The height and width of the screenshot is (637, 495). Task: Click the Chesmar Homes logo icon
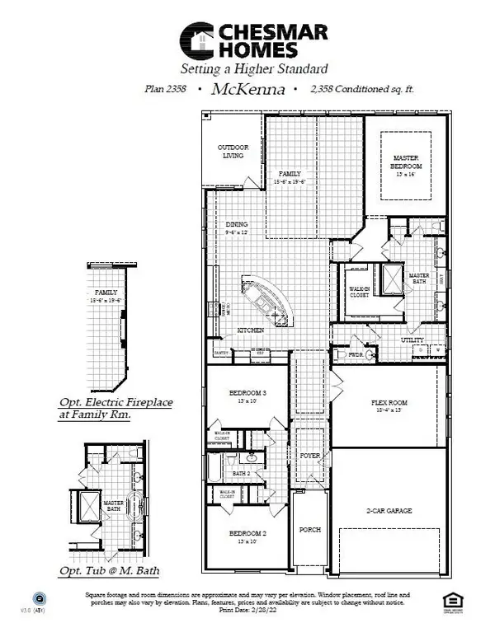click(198, 40)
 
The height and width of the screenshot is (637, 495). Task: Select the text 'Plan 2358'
click(171, 91)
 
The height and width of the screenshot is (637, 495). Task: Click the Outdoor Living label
click(233, 152)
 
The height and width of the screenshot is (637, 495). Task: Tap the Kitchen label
click(251, 330)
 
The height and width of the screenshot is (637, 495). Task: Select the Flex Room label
click(389, 403)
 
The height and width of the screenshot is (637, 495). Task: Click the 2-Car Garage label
click(389, 511)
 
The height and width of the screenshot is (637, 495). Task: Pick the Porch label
click(310, 529)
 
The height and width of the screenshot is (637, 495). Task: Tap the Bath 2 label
click(241, 474)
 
